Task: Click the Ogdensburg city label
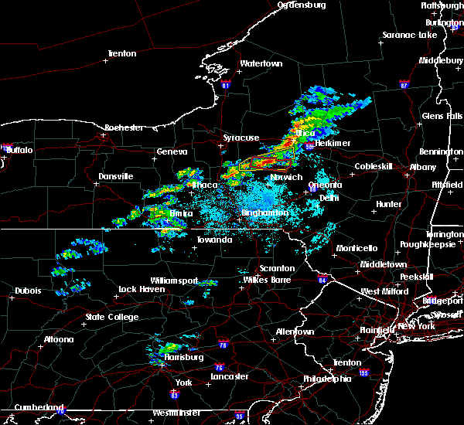pos(302,5)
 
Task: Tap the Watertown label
pos(261,63)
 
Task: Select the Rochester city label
pos(124,127)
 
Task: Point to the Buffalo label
pos(19,150)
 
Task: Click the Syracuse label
pos(241,138)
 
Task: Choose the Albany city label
pos(423,167)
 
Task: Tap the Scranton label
pos(278,268)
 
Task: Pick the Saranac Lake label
pos(410,35)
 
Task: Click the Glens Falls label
pos(442,116)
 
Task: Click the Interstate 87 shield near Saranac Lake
pos(403,83)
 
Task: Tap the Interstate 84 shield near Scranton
pos(322,279)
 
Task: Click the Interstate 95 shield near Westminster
pos(240,416)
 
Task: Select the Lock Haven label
pos(140,289)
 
